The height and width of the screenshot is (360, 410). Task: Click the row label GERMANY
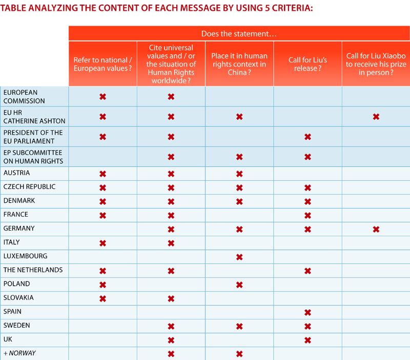19,228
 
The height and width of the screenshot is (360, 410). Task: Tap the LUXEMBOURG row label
25,256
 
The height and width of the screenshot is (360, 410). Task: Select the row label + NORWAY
19,353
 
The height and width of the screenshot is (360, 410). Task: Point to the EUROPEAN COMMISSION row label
24,97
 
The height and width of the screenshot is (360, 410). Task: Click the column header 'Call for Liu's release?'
308,64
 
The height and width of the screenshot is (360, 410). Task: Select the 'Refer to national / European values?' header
103,64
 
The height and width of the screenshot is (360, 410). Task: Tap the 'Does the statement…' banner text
239,34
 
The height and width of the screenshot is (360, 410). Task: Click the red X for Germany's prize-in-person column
376,229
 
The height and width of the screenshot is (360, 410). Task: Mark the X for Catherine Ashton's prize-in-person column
376,117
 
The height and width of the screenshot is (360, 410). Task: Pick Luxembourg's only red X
239,257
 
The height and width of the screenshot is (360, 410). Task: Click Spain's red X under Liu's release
308,312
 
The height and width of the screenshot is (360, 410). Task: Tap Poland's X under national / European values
103,285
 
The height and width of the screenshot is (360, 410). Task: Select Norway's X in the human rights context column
239,354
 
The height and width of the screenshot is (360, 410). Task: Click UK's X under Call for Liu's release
308,340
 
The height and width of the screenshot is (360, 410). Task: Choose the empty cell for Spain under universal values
171,312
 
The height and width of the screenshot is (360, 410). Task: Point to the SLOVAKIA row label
18,298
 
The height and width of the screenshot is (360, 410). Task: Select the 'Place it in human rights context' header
239,64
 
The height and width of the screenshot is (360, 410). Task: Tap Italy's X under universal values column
171,243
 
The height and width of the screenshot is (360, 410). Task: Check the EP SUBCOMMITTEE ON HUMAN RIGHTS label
33,157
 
